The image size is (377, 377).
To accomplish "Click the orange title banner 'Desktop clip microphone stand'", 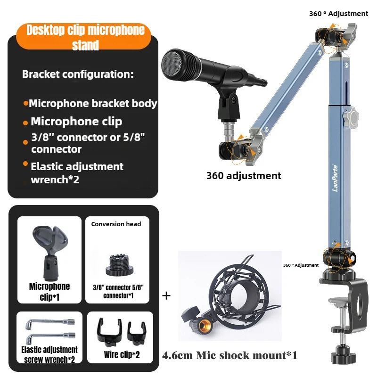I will click(85, 37).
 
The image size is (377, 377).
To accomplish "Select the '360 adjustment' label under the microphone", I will click(244, 176).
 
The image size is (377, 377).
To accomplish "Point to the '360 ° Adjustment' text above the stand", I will click(338, 14).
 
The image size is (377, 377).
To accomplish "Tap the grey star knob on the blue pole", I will click(351, 115).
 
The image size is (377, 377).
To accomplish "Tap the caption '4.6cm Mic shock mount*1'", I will click(230, 355).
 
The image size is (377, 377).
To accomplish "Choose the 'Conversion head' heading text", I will click(116, 224).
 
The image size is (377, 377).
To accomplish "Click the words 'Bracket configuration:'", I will click(78, 74).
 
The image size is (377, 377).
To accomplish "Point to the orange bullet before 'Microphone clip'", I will click(25, 123).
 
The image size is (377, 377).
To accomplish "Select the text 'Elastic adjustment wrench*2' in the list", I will click(77, 172).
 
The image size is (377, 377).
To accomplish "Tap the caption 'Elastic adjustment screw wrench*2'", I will click(49, 354).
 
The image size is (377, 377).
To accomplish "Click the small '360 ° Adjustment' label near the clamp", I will click(301, 265).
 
